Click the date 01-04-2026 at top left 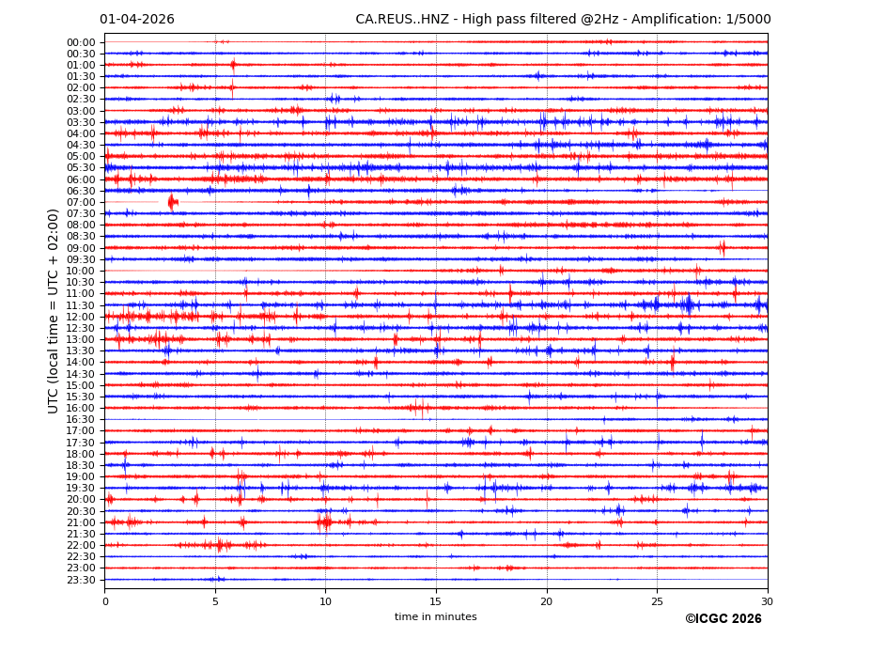(x=137, y=20)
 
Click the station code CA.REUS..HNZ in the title (x=403, y=20)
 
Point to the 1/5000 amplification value (x=749, y=20)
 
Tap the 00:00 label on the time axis (x=81, y=42)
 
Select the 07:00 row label (x=81, y=202)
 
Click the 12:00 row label (x=81, y=317)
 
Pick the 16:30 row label (x=81, y=419)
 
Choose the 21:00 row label (x=81, y=522)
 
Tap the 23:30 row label (x=81, y=580)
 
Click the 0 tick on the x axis (x=105, y=601)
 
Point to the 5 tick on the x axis (x=215, y=601)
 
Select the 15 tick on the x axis (x=436, y=601)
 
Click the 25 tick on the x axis (x=657, y=601)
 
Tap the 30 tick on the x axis (x=768, y=601)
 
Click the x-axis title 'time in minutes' (x=436, y=617)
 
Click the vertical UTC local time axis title (x=54, y=311)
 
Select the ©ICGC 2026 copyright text (x=723, y=619)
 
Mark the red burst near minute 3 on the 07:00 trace (x=172, y=202)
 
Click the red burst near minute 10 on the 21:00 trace (x=325, y=522)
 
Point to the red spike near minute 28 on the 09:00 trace (x=723, y=248)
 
